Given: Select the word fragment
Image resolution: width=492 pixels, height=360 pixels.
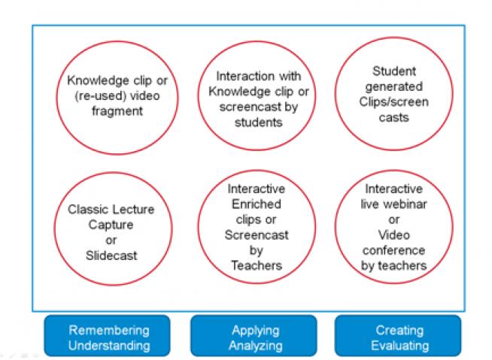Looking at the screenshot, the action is coord(117,111).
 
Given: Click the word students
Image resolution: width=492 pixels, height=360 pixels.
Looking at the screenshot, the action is coord(259,123).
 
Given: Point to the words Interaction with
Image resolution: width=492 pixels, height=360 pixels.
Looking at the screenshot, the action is coord(259,76).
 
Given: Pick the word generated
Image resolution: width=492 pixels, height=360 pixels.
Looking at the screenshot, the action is coord(394,87).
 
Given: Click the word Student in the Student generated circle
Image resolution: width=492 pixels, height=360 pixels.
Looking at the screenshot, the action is coord(394,71).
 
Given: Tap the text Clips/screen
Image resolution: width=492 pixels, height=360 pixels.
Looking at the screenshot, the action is coord(393,102).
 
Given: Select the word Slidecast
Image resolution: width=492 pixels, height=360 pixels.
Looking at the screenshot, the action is coord(111,256).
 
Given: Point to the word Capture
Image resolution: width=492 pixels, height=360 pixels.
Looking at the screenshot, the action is coord(111,225).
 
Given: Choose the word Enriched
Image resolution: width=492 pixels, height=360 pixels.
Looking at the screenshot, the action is coord(257,204).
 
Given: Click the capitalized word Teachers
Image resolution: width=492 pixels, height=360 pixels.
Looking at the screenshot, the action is coord(257,265).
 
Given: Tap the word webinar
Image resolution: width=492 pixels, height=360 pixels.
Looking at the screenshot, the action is coord(405,204).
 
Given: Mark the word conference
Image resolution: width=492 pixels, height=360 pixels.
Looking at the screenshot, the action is coord(393,250).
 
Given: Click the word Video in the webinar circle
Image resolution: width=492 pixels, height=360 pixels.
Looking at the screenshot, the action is coord(393,235).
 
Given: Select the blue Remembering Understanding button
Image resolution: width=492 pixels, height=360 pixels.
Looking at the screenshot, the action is coord(108,336).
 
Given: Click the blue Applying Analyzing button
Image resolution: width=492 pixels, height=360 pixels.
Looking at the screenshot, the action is coord(254,336).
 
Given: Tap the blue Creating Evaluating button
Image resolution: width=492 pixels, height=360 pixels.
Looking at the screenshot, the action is coord(398,336).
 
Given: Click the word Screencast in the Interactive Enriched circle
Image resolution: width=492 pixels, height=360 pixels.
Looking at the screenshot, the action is coord(257,235).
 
